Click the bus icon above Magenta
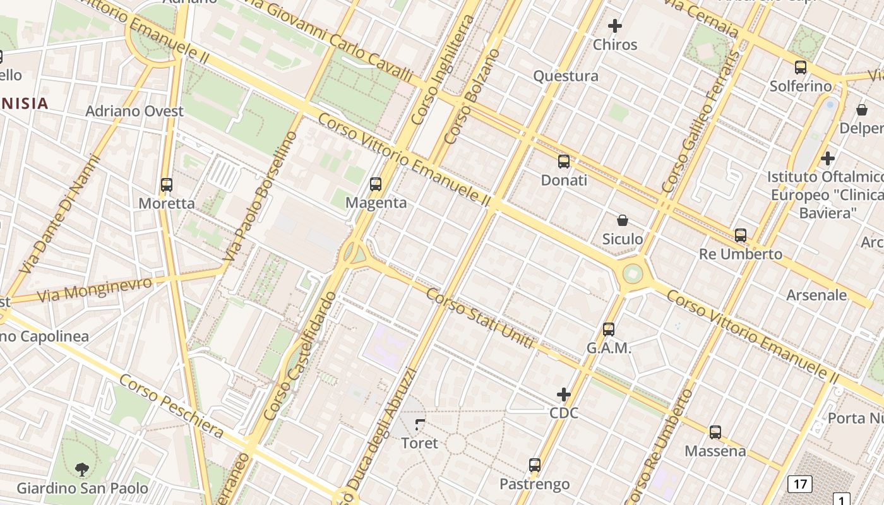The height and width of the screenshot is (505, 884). (x=376, y=184)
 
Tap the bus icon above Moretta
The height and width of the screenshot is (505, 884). (x=167, y=185)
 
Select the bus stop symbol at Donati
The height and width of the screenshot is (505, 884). (x=564, y=162)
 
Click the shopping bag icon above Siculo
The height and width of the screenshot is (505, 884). (x=623, y=220)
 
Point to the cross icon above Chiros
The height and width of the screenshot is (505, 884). (x=615, y=26)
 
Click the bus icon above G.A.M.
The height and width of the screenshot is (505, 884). (x=609, y=330)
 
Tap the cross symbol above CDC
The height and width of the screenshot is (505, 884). (x=564, y=395)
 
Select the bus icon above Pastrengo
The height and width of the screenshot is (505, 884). (x=535, y=466)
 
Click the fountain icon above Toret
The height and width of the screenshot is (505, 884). (x=420, y=425)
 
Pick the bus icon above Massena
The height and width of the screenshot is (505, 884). (x=715, y=432)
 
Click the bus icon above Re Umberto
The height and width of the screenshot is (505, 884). (x=741, y=235)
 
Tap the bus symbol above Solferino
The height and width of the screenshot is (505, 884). (x=801, y=68)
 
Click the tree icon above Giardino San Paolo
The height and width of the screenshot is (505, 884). (x=82, y=470)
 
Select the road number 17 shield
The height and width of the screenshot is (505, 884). (x=800, y=485)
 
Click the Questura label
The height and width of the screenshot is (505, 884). (x=566, y=76)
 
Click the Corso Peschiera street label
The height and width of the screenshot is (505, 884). (x=171, y=406)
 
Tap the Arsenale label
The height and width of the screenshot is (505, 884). (x=816, y=295)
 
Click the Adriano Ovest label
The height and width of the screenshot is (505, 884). (x=134, y=111)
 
